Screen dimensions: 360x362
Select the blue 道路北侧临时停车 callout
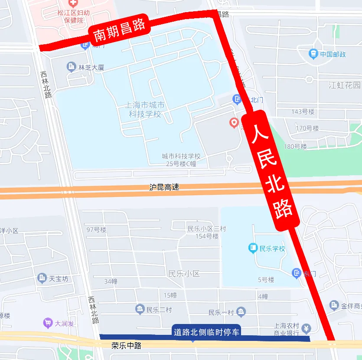pos(206,332)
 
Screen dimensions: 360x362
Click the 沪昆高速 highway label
pos(164,188)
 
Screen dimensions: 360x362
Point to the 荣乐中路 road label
pos(126,346)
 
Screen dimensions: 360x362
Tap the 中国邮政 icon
pos(313,54)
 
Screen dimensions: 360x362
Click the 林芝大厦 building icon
pos(72,67)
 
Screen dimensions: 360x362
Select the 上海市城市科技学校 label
pos(145,110)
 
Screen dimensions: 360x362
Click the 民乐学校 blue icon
pos(253,249)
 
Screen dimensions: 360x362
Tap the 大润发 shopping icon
pos(48,323)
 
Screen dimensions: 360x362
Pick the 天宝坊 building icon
pos(42,278)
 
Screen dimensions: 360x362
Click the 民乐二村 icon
pos(140,309)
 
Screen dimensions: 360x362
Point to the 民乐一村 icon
pos(241,312)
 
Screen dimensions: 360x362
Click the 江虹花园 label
pos(344,85)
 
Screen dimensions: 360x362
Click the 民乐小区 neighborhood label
pos(184,274)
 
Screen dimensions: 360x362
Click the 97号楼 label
pos(96,229)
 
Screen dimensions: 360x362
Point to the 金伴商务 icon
pos(334,306)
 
